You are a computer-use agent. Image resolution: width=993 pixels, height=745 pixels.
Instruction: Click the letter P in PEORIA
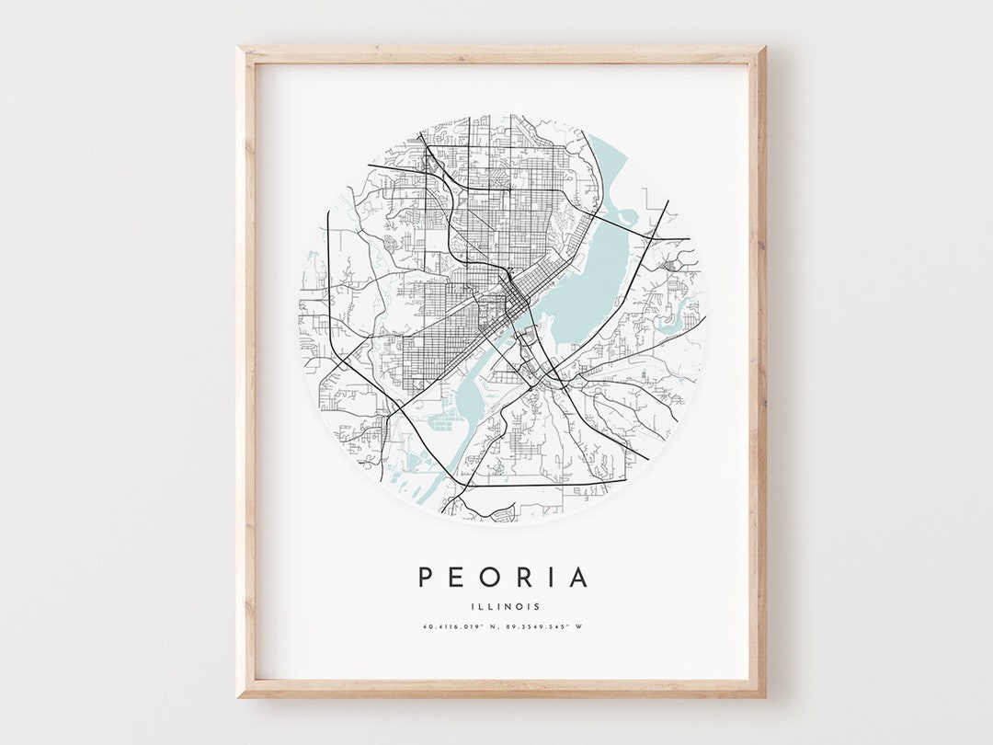coord(427,578)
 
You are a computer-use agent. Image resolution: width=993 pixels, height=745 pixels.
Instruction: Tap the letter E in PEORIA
coord(457,578)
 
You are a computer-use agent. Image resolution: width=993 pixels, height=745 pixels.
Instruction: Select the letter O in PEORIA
coord(489,578)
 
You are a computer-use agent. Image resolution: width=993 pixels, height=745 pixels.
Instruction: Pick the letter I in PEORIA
coord(549,578)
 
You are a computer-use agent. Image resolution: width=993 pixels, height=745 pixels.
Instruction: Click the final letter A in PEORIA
coord(577,578)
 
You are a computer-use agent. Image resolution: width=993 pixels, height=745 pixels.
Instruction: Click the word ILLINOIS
coord(503,606)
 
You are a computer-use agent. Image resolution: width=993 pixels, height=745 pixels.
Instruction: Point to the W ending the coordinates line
coord(579,627)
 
